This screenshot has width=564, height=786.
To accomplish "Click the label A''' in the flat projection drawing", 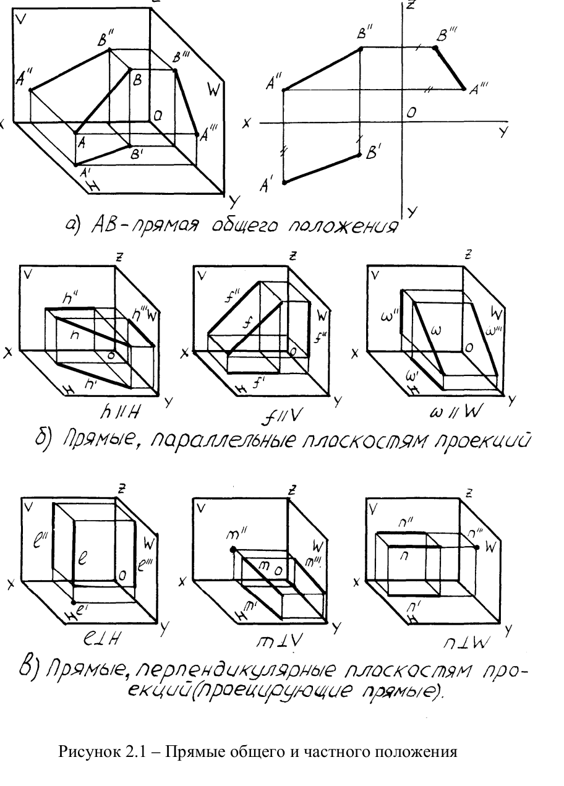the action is (x=478, y=90).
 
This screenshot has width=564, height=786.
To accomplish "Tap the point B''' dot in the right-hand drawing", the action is (x=435, y=48).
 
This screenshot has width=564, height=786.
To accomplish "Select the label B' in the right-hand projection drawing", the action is (x=374, y=152).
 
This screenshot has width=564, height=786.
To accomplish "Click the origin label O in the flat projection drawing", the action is (x=411, y=113).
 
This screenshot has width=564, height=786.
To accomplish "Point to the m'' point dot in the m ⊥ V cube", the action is (x=233, y=549).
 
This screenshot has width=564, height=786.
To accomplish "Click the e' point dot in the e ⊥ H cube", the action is (x=74, y=601).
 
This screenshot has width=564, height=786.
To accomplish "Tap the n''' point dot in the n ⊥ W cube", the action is (x=476, y=547).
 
